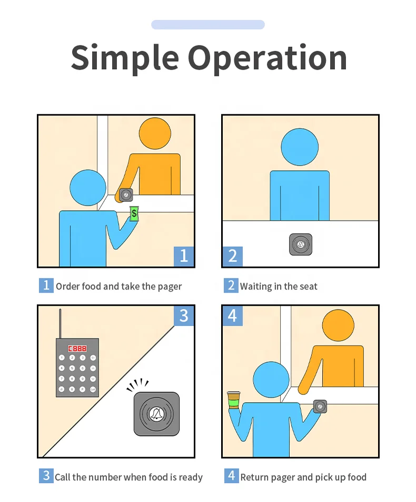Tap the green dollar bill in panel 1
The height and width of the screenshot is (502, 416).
[134, 214]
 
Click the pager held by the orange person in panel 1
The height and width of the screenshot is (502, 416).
[126, 195]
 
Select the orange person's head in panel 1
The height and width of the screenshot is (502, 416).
[155, 133]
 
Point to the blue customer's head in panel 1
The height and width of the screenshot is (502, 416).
[88, 188]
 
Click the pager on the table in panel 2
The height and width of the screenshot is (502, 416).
[301, 245]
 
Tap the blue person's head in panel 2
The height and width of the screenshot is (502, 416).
[300, 147]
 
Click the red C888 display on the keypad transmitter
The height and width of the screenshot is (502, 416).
[77, 349]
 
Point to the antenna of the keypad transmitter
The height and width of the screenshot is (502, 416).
[60, 324]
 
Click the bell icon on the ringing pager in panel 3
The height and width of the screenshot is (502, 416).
[157, 414]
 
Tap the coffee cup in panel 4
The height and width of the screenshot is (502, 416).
[234, 400]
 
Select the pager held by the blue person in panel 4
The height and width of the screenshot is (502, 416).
[320, 407]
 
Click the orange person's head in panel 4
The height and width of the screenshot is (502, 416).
[338, 325]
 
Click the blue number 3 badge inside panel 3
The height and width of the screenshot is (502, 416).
[184, 316]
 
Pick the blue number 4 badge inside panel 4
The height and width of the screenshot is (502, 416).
[232, 316]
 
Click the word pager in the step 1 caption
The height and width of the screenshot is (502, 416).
[170, 286]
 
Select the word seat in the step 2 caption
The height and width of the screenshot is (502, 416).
[308, 286]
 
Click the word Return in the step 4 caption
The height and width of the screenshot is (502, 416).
[254, 477]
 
